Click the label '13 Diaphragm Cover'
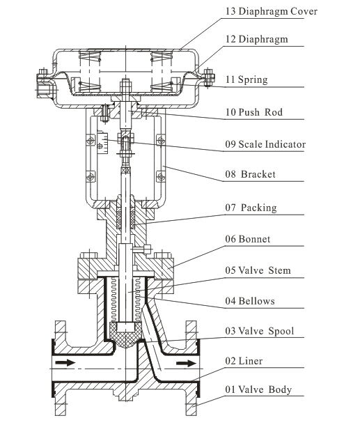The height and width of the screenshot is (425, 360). pyautogui.click(x=271, y=11)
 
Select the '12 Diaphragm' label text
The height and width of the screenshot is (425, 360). pyautogui.click(x=256, y=39)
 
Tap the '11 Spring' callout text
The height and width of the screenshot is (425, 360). pyautogui.click(x=246, y=79)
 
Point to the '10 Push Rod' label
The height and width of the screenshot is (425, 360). pyautogui.click(x=254, y=112)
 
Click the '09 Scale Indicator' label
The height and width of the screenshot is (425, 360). pyautogui.click(x=265, y=144)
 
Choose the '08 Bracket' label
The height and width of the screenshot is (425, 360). pyautogui.click(x=250, y=174)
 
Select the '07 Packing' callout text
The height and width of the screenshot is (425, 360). pyautogui.click(x=251, y=208)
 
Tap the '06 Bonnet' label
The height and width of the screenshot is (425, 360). pyautogui.click(x=248, y=239)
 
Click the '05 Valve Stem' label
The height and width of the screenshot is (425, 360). pyautogui.click(x=258, y=270)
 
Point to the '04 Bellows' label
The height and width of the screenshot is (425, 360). pyautogui.click(x=250, y=301)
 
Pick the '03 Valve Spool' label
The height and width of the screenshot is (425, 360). pyautogui.click(x=260, y=331)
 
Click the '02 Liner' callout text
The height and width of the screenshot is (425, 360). pyautogui.click(x=244, y=361)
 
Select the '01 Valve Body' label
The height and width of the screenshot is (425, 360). pyautogui.click(x=258, y=389)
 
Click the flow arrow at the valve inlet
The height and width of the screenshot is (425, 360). pyautogui.click(x=65, y=362)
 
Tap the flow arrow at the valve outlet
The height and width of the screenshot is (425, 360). pyautogui.click(x=187, y=363)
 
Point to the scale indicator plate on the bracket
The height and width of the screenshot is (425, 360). pyautogui.click(x=102, y=142)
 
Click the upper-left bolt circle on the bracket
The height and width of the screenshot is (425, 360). pyautogui.click(x=91, y=141)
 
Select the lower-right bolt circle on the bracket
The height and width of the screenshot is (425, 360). pyautogui.click(x=161, y=177)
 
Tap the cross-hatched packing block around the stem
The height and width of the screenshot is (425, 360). pyautogui.click(x=126, y=215)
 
